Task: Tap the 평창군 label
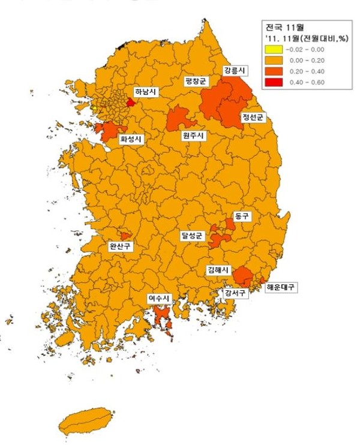click(x=196, y=80)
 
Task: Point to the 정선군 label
click(x=252, y=117)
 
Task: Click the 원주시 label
click(x=193, y=136)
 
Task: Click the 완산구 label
click(x=120, y=246)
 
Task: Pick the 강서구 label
click(x=235, y=293)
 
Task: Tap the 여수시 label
click(x=160, y=298)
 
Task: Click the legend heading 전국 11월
click(x=286, y=27)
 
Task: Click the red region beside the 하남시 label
click(x=130, y=102)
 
